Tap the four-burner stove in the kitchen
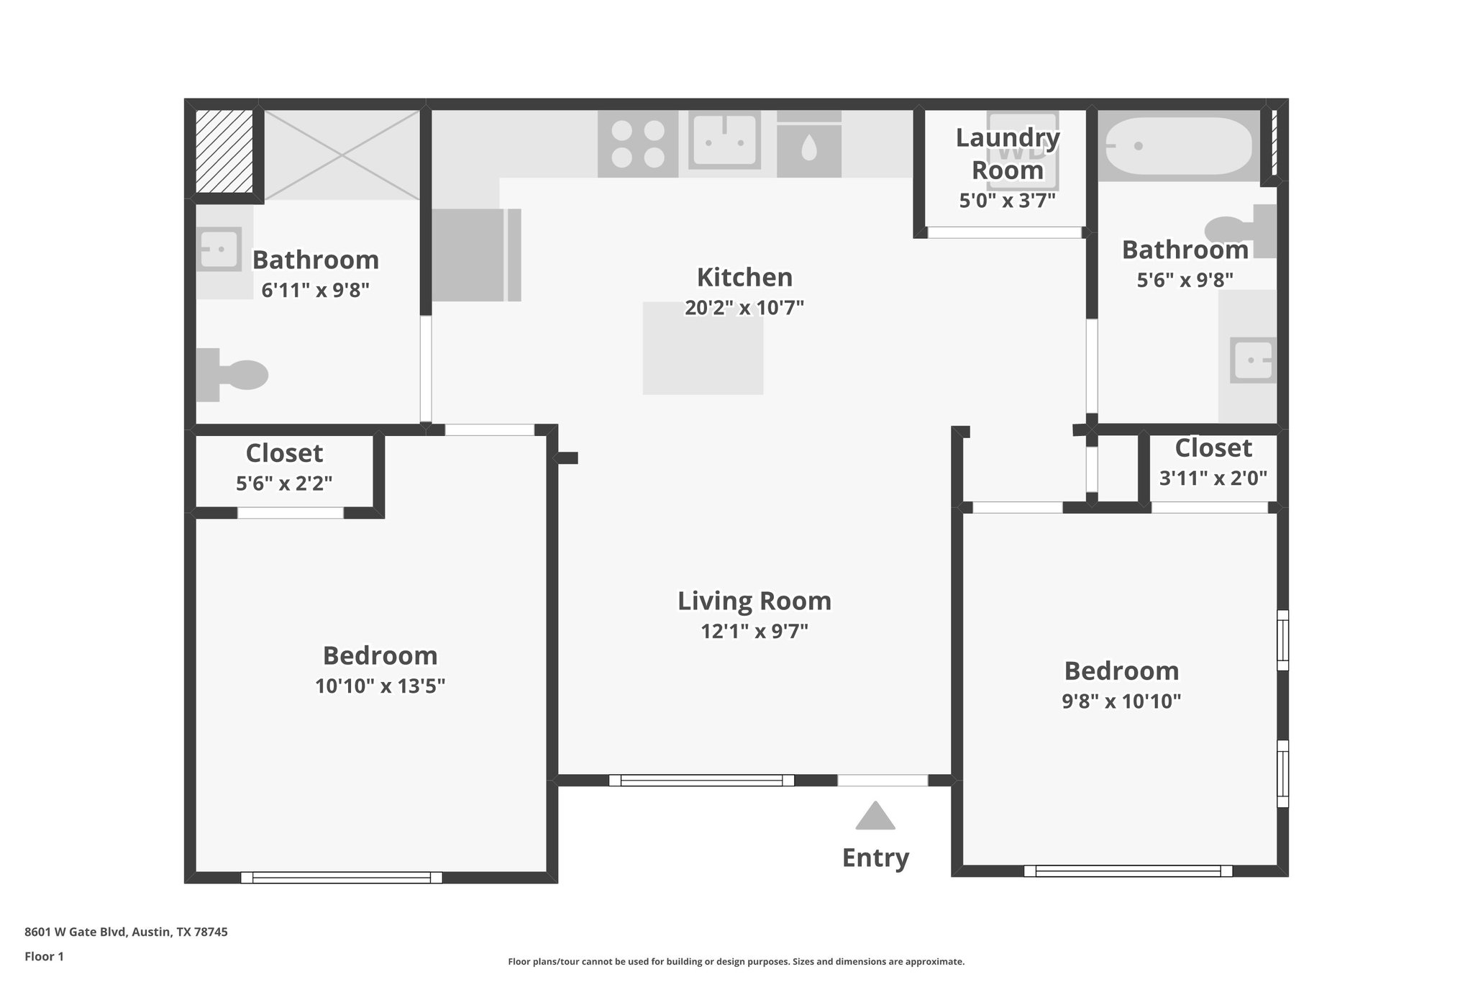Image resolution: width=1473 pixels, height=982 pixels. click(x=638, y=144)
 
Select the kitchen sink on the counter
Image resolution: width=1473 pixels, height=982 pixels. click(x=724, y=140)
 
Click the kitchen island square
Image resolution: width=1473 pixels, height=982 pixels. click(x=703, y=348)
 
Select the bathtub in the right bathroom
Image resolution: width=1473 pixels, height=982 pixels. click(x=1180, y=146)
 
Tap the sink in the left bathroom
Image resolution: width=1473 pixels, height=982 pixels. click(x=219, y=249)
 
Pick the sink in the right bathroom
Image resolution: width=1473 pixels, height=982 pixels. click(x=1253, y=360)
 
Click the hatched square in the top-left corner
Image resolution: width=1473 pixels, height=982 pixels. click(x=224, y=151)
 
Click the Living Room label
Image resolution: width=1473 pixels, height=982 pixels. click(x=754, y=601)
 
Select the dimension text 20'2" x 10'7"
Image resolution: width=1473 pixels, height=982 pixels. click(x=744, y=308)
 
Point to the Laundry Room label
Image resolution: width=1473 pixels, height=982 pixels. click(x=1007, y=154)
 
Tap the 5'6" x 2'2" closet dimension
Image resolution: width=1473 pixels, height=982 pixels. click(x=284, y=483)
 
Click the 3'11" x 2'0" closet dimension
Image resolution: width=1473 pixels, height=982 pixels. click(x=1213, y=478)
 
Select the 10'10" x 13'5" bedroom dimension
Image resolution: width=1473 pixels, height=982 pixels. click(x=380, y=686)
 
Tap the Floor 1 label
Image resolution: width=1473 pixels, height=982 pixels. click(x=44, y=956)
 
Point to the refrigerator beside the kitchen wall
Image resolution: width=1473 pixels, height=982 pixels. click(x=475, y=255)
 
